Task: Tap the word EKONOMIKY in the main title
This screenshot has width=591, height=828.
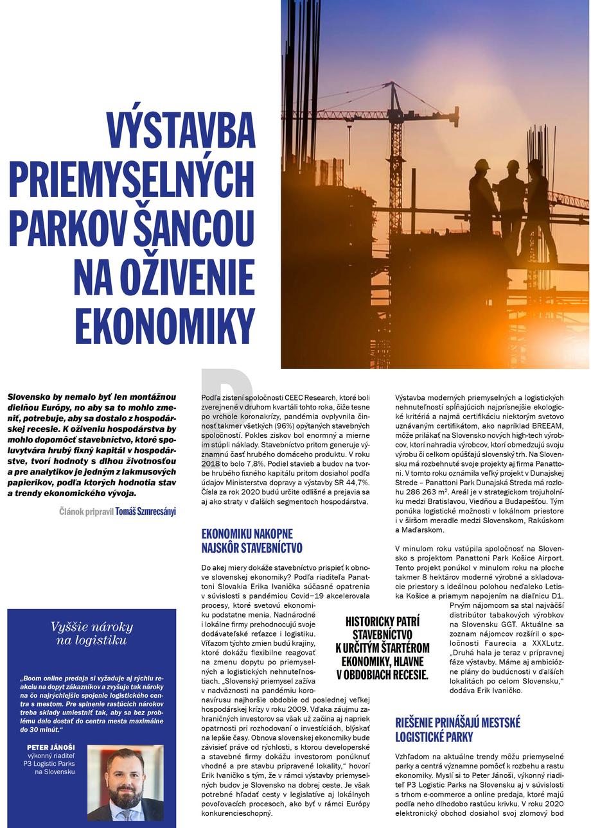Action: (x=165, y=326)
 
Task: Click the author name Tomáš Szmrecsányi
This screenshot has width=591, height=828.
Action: (x=145, y=512)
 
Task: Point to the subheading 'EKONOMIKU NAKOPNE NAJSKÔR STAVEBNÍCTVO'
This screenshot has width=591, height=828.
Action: (x=252, y=541)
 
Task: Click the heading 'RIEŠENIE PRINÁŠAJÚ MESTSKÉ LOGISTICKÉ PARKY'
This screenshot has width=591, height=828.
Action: (x=457, y=730)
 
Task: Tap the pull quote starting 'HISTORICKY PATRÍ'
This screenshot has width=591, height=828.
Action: (x=382, y=648)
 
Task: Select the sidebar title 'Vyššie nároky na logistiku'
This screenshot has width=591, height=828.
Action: (x=92, y=633)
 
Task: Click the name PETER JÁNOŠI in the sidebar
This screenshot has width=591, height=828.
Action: (x=51, y=747)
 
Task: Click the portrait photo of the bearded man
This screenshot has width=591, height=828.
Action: (x=125, y=783)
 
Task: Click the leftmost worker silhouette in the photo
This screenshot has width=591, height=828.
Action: (x=482, y=199)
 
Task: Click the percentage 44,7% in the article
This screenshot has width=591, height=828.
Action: (x=356, y=482)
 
